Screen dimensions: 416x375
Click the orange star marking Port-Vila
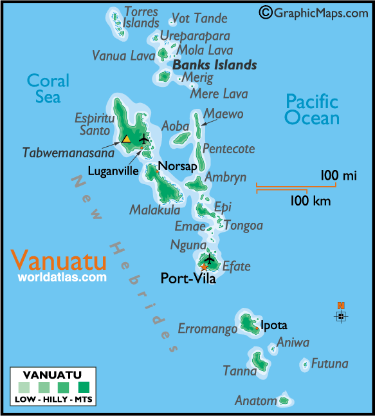205,267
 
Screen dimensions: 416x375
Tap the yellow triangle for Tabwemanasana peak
127,138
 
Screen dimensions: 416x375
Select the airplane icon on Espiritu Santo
143,138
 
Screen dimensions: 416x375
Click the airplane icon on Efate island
209,259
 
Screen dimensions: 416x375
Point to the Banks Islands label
215,65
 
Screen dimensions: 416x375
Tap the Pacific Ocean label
312,109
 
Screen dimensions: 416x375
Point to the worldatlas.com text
62,278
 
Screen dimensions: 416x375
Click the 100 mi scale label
338,175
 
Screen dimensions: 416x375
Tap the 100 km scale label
310,201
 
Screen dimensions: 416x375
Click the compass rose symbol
341,315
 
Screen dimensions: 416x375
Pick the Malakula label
154,210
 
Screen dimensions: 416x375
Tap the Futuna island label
329,364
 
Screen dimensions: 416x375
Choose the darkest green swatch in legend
83,388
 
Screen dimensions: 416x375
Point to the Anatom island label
255,401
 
